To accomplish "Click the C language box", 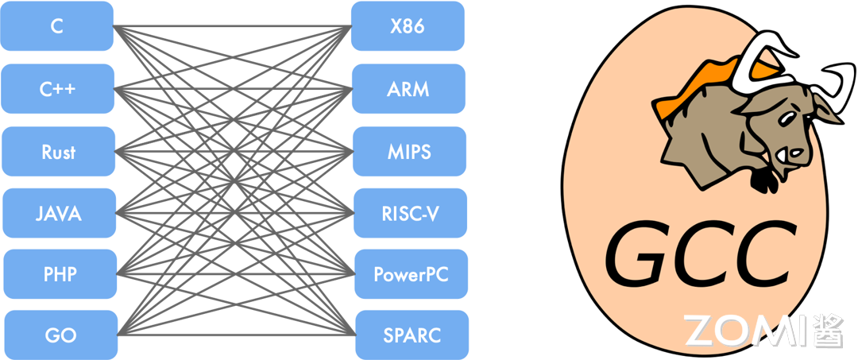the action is click(x=57, y=26).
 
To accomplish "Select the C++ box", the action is click(x=57, y=89).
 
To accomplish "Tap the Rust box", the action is click(x=59, y=152).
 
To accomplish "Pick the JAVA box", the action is click(x=59, y=213).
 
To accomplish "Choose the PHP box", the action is click(x=60, y=274).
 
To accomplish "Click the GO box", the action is click(x=61, y=335).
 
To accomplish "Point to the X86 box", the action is click(x=408, y=26).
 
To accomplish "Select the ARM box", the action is click(x=409, y=89).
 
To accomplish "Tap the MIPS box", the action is click(x=410, y=152).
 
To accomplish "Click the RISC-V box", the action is click(x=411, y=213).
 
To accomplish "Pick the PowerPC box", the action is click(x=412, y=274).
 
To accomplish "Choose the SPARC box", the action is click(x=412, y=335).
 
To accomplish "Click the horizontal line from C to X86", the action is click(x=232, y=25).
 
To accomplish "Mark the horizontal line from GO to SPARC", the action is click(x=237, y=335).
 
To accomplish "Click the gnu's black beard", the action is click(x=763, y=181).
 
